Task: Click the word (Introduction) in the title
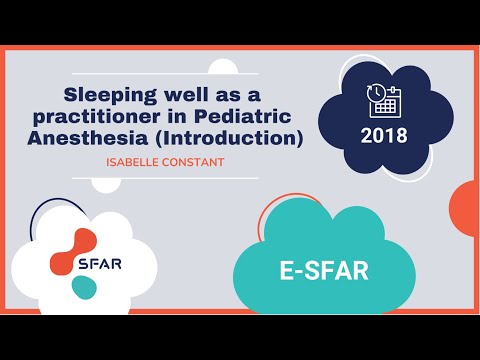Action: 238,140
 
